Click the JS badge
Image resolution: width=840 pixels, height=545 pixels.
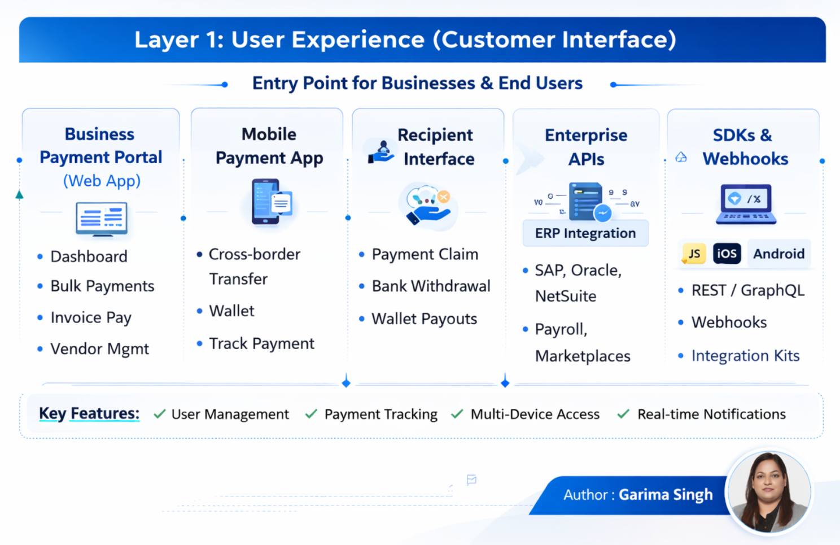(x=694, y=254)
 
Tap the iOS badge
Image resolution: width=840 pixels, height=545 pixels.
(x=727, y=254)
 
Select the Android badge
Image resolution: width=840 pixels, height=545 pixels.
(x=778, y=254)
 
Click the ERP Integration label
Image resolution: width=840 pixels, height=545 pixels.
(x=585, y=233)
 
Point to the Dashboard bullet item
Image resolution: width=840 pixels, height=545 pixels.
(x=89, y=256)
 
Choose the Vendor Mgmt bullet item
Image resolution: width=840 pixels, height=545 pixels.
(x=99, y=349)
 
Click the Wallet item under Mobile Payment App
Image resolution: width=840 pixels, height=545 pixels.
(x=231, y=311)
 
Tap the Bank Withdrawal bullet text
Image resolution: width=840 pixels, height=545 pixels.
(x=431, y=286)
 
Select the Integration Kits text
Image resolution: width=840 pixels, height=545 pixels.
(x=745, y=356)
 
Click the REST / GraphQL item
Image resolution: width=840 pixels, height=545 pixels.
(x=747, y=290)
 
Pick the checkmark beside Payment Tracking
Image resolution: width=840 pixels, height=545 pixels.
(x=311, y=414)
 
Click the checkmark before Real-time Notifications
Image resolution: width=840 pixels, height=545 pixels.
(x=623, y=414)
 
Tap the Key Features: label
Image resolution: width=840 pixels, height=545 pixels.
(x=89, y=413)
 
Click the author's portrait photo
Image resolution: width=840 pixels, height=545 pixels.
(x=769, y=491)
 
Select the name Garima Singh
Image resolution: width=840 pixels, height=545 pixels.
(x=666, y=495)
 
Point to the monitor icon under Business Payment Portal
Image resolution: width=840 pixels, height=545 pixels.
(x=102, y=219)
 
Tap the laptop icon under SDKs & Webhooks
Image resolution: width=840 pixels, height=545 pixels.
(x=746, y=204)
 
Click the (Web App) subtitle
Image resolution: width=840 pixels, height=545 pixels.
(x=102, y=181)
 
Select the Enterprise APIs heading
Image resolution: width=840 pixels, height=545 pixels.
(x=586, y=147)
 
